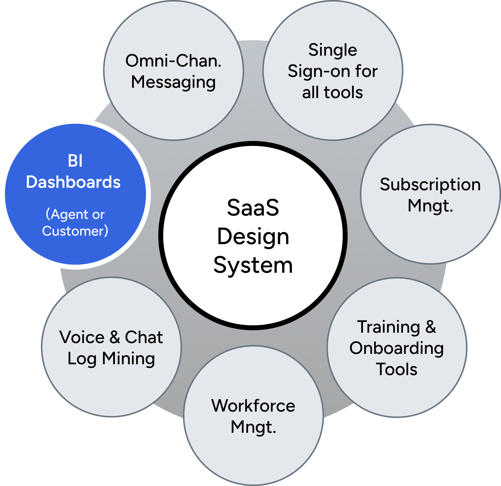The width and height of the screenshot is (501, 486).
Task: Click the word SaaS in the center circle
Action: coord(253,208)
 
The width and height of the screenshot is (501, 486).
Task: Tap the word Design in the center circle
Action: coord(253,237)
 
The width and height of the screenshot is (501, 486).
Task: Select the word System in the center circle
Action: coord(253,265)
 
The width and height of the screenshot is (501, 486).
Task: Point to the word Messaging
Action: coord(173,83)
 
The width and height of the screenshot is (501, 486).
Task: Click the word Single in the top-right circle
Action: coord(333,50)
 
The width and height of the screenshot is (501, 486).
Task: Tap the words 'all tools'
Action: coord(333,92)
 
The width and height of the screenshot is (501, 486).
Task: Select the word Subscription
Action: coord(430,184)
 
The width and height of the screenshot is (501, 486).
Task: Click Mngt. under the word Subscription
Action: coord(430,206)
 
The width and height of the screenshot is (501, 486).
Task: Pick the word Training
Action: coord(389,327)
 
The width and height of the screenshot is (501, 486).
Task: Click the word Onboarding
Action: coord(396,348)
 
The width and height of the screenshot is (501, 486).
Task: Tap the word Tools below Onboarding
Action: coord(396,369)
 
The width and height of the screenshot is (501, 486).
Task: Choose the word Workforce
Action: coord(253,406)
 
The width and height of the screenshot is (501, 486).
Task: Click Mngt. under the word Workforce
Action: coord(253,427)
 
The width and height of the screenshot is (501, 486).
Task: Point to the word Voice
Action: coord(82,337)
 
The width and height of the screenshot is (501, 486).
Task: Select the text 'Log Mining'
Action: coord(111,359)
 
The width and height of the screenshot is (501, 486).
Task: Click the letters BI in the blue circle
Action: coord(75,161)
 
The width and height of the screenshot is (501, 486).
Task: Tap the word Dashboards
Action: coord(73,182)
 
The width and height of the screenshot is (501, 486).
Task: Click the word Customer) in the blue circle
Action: coord(75,231)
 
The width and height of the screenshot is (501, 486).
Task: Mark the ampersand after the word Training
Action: coord(431,327)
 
